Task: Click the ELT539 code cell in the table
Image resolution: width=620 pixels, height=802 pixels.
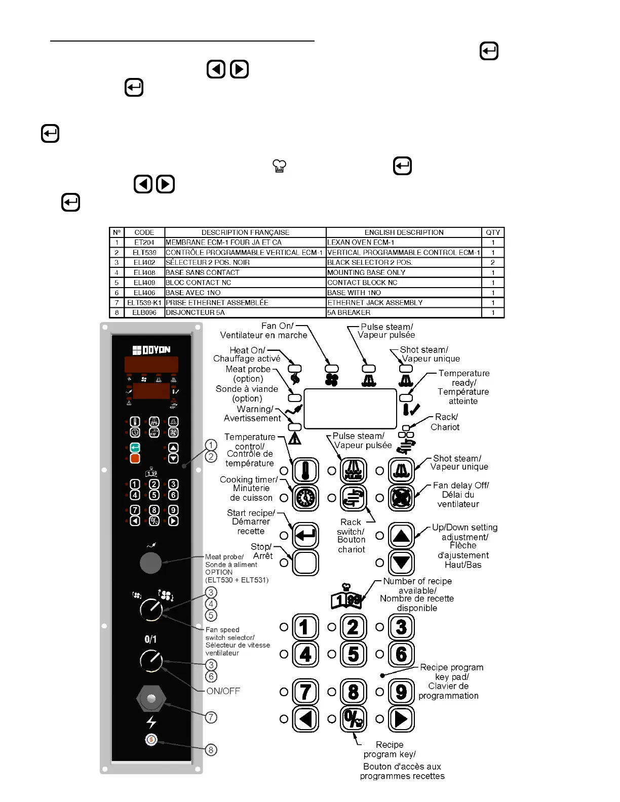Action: [x=144, y=252]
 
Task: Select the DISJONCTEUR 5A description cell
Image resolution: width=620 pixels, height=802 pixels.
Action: [x=245, y=312]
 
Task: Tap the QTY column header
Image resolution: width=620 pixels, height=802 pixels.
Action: [x=492, y=232]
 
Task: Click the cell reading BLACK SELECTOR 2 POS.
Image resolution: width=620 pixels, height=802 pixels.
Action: [x=404, y=262]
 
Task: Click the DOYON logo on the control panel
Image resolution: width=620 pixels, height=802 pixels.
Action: [x=151, y=350]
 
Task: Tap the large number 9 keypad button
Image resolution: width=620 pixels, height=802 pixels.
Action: [x=401, y=692]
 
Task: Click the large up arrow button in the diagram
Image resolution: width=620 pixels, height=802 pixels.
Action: [x=401, y=536]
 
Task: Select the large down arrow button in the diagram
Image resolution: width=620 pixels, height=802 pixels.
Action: [x=401, y=563]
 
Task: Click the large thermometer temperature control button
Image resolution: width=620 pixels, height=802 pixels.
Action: [x=305, y=470]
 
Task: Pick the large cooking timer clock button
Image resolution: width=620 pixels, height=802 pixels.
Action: [x=305, y=498]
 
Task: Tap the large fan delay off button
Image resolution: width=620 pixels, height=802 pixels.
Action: [x=401, y=498]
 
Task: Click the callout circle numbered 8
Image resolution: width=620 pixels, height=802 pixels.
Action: [x=211, y=750]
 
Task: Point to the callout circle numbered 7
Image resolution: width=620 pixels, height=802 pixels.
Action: [x=211, y=717]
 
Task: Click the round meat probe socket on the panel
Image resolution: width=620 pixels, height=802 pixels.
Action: [x=150, y=563]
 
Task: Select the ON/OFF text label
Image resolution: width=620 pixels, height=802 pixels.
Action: [x=223, y=691]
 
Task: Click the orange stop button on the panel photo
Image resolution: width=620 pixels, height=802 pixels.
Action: [x=135, y=459]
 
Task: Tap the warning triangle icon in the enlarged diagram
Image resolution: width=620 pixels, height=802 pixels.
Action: [x=295, y=438]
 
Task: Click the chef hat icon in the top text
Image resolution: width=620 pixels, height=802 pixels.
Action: [x=280, y=166]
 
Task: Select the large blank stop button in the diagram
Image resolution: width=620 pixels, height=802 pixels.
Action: [x=305, y=563]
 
